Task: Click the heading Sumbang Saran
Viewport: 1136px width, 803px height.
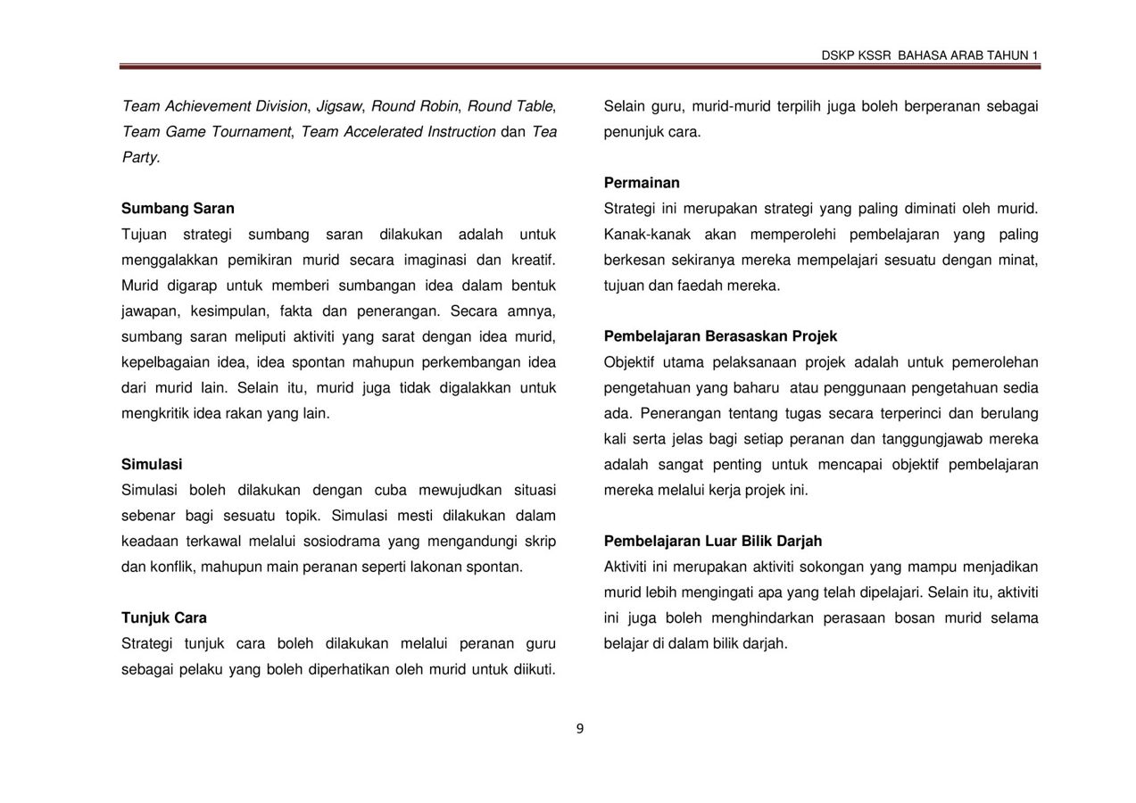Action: tap(178, 209)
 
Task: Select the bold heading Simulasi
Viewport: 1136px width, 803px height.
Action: tap(152, 465)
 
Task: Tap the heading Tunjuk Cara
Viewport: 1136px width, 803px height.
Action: tap(164, 618)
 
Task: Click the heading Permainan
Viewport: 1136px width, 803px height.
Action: tap(642, 183)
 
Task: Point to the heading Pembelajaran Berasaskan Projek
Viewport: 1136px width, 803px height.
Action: tap(720, 336)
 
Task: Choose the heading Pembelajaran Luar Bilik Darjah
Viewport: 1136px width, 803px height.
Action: tap(713, 542)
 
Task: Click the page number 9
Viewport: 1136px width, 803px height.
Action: tap(580, 729)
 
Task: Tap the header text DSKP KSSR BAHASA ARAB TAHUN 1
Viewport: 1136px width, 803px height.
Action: tap(930, 55)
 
